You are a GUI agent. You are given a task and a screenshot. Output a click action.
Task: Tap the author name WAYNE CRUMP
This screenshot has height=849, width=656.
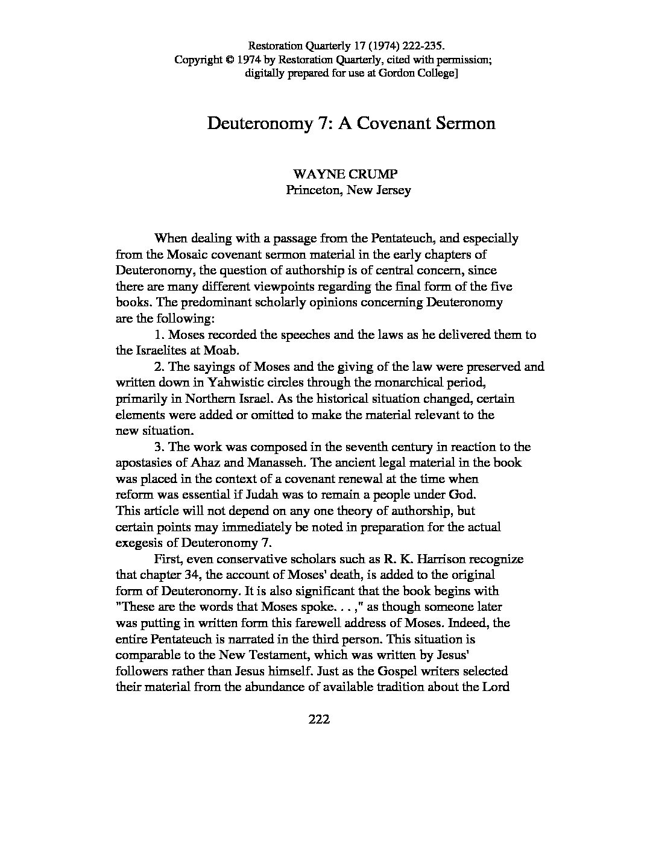coord(345,174)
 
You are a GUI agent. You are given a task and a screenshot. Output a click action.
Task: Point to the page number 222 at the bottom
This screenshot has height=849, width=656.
coord(318,719)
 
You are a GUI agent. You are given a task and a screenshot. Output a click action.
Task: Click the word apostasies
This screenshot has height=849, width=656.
coord(145,463)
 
